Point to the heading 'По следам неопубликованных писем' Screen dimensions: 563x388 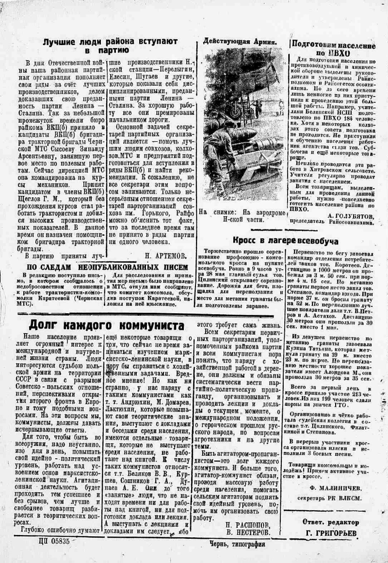(x=106, y=267)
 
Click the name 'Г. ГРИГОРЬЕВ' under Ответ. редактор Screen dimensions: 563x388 (x=333, y=533)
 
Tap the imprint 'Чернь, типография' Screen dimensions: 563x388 (x=238, y=544)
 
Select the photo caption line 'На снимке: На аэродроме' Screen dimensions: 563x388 (x=241, y=212)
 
